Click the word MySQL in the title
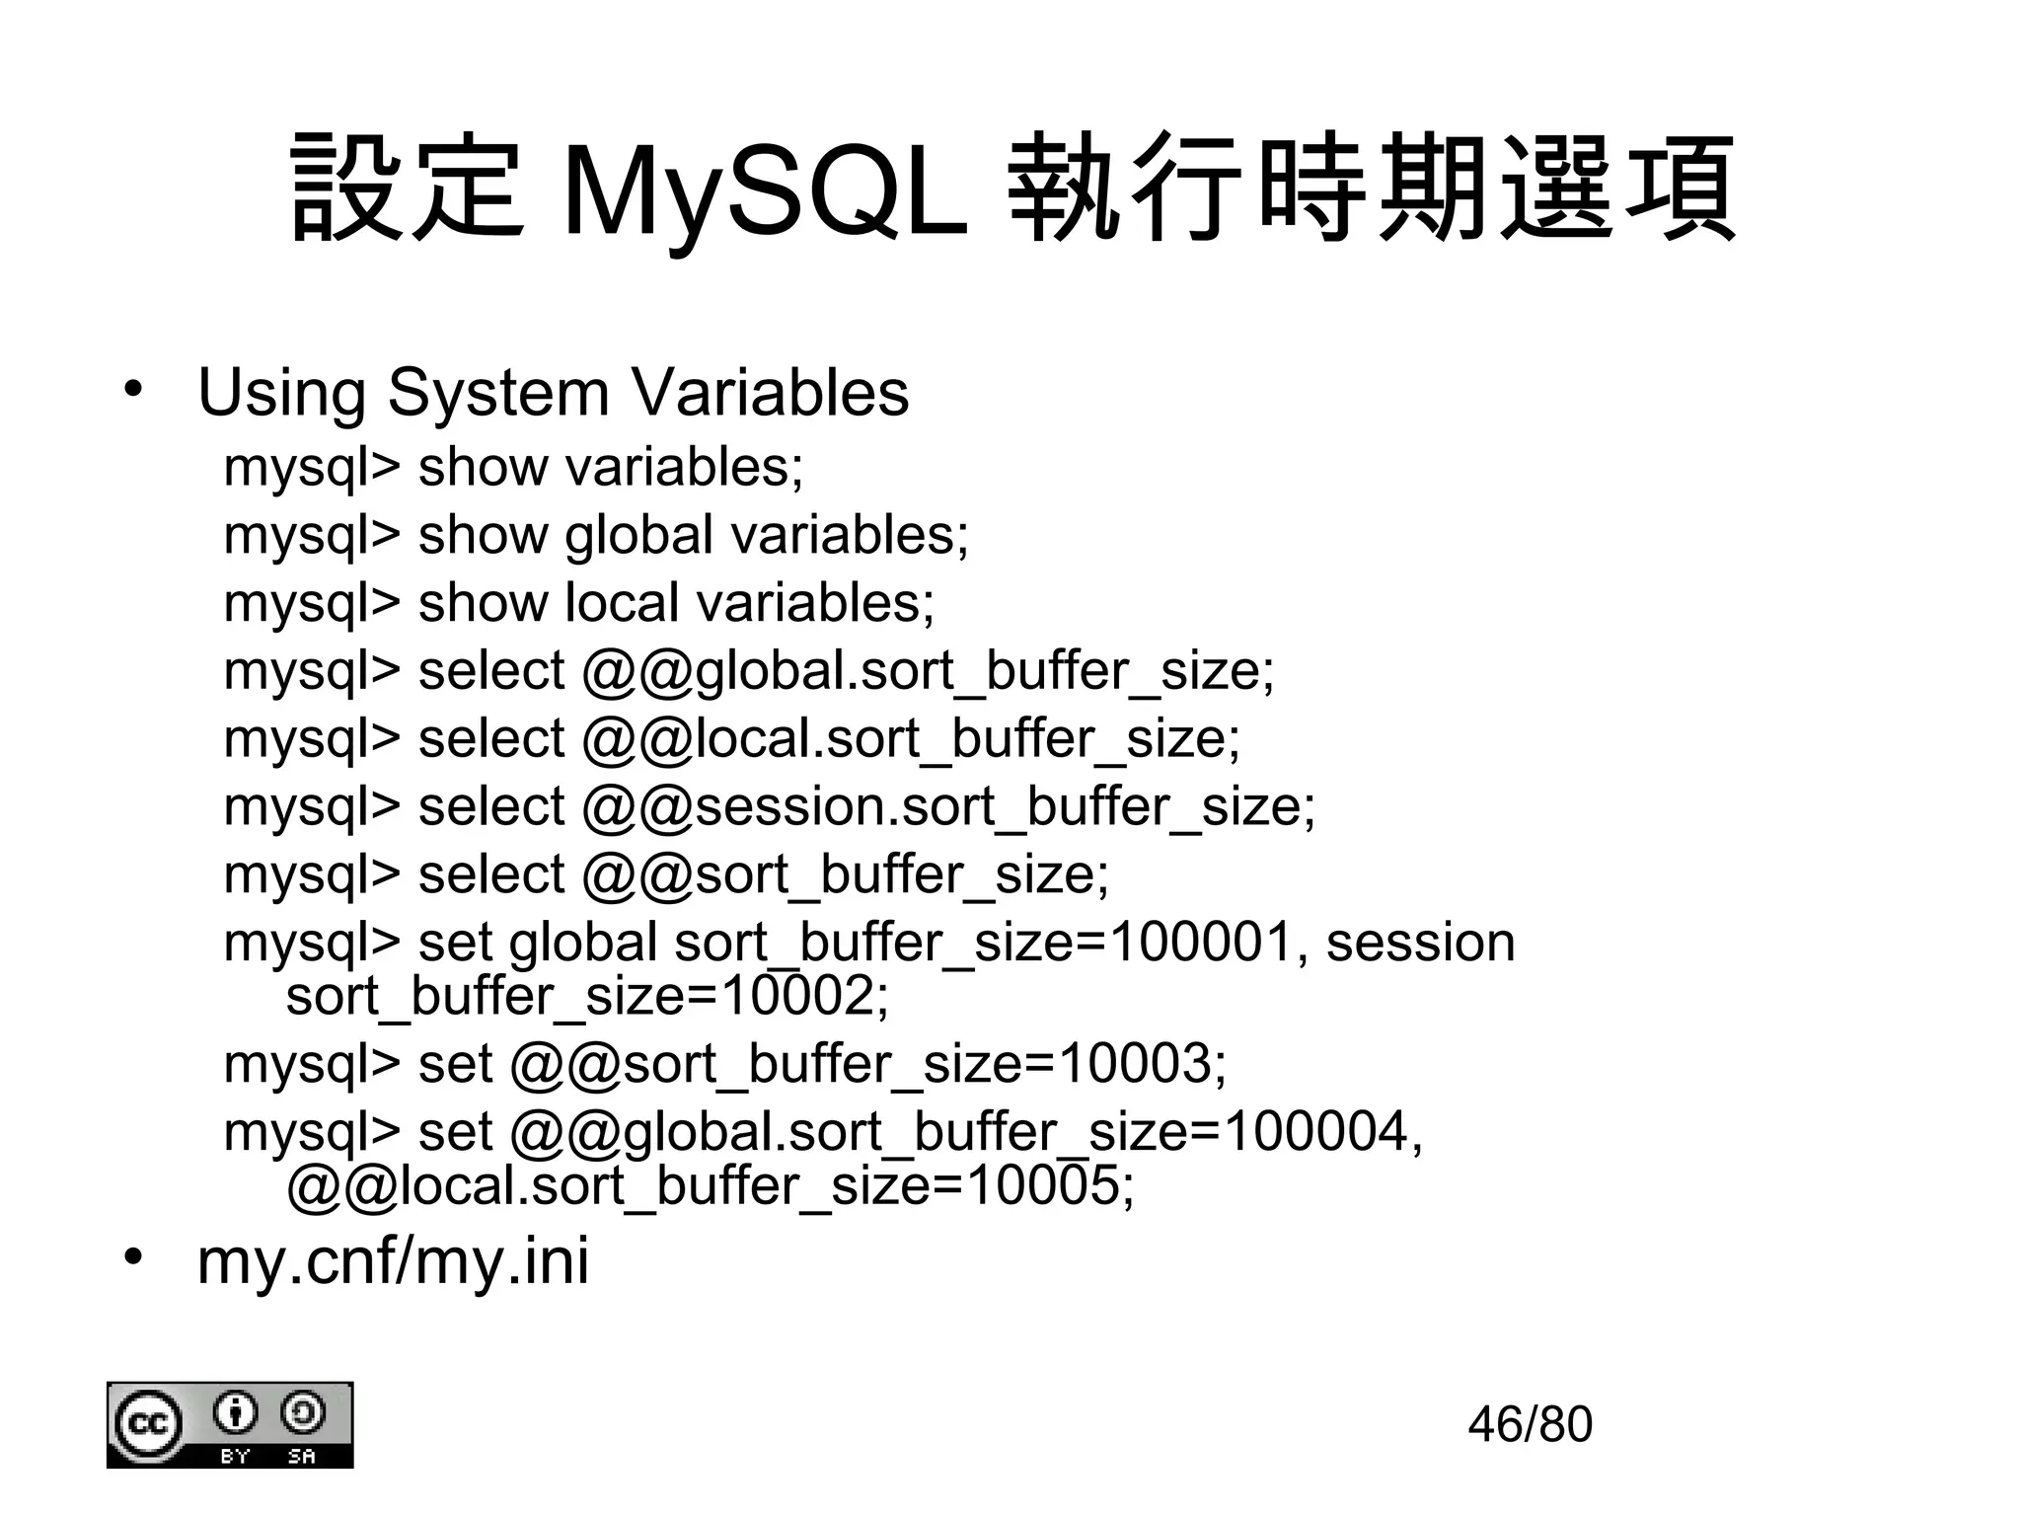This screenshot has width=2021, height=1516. [x=765, y=191]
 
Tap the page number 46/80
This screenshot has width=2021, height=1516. [x=1530, y=1424]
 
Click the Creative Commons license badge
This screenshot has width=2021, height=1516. [x=230, y=1424]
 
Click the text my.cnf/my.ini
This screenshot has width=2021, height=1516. [x=393, y=1260]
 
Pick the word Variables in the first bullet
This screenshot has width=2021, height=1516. [x=770, y=392]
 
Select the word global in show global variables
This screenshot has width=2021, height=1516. [x=638, y=535]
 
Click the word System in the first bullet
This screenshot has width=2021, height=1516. [x=498, y=392]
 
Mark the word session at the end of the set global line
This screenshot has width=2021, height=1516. [x=1420, y=943]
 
